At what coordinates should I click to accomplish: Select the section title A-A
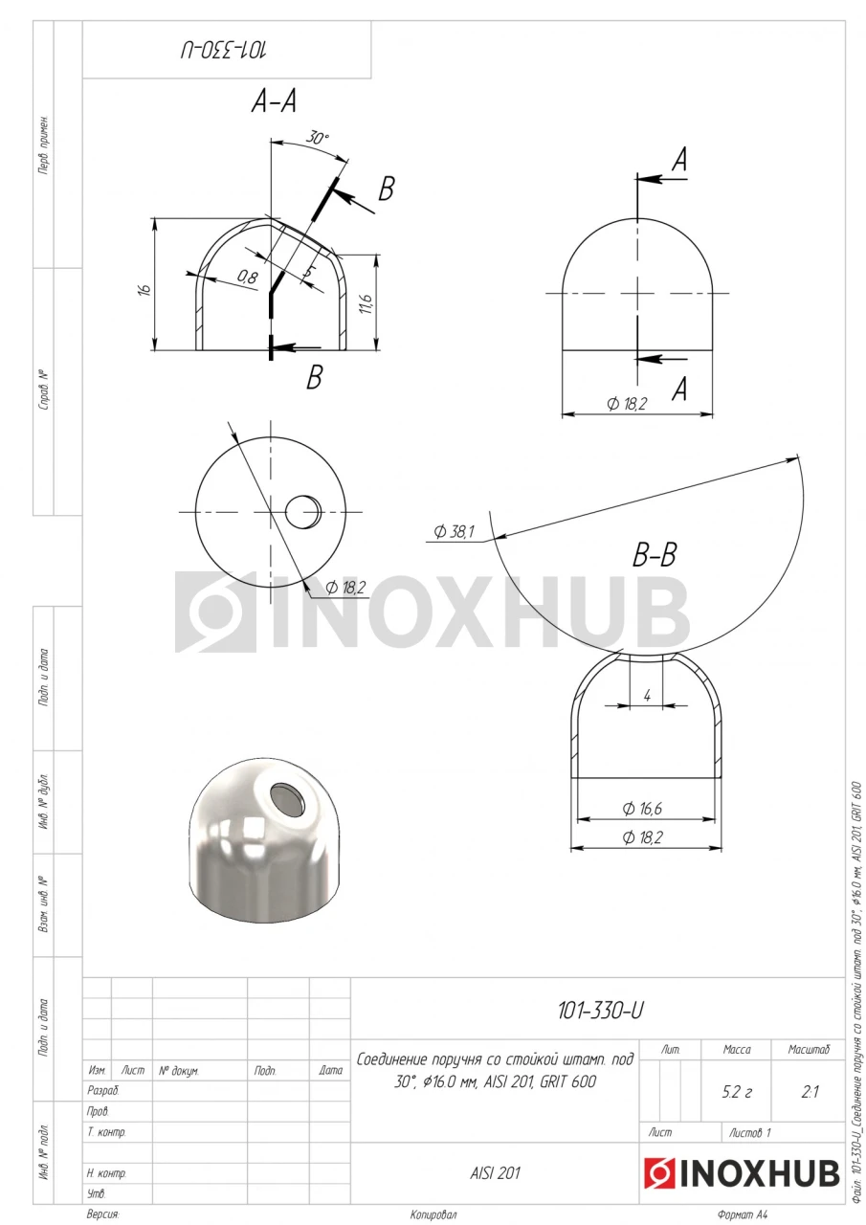(x=274, y=101)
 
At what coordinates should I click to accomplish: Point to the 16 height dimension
(x=144, y=290)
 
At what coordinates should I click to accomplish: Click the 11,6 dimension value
(x=366, y=303)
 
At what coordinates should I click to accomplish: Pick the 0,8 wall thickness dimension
(x=247, y=277)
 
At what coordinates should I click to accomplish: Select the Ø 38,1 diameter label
(x=454, y=531)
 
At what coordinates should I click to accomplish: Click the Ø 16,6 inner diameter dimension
(x=642, y=809)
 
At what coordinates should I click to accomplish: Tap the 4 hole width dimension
(x=647, y=696)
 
